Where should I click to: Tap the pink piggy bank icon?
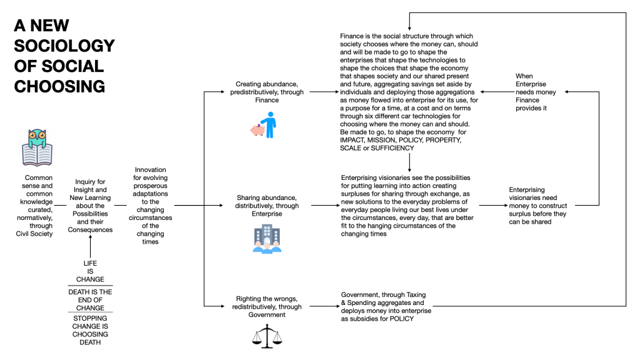(x=257, y=130)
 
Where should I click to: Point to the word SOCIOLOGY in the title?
(x=64, y=46)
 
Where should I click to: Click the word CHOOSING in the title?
(x=59, y=86)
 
